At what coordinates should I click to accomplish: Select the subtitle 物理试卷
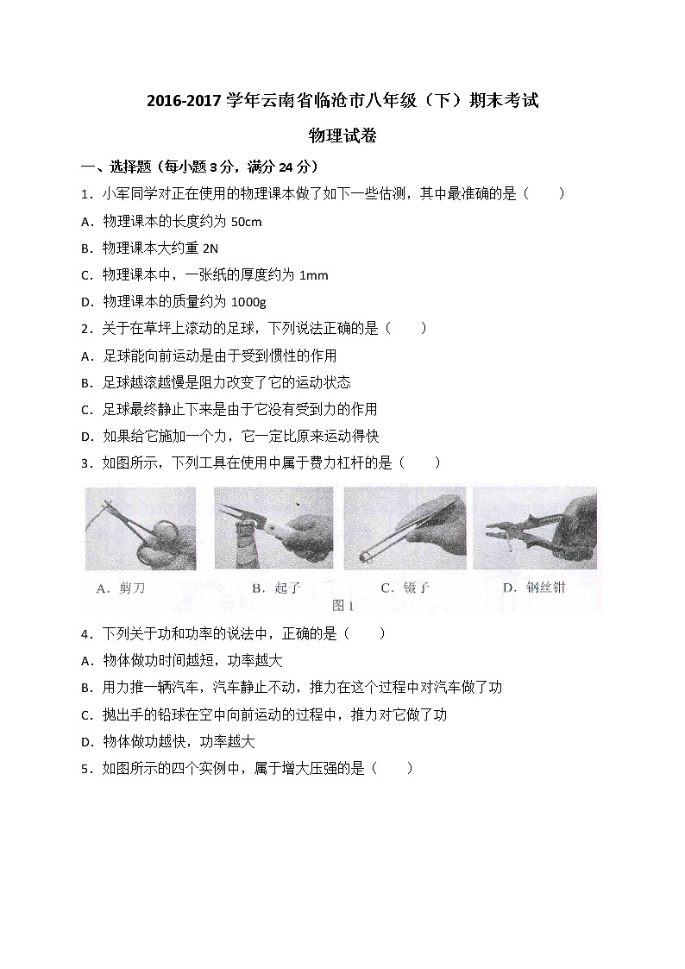342,135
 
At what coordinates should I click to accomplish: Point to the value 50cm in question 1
247,222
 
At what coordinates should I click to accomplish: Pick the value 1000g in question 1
249,302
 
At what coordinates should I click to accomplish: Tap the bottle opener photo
273,528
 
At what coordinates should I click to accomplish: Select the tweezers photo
405,528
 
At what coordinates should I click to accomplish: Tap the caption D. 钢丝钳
534,588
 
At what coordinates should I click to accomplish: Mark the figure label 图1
343,604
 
